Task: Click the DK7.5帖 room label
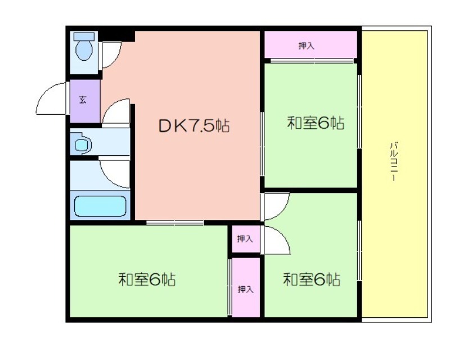point(194,126)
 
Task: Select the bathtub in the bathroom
point(100,206)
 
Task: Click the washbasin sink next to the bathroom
point(82,145)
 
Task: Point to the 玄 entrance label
point(83,100)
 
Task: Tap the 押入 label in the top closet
point(307,46)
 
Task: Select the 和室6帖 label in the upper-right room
point(316,123)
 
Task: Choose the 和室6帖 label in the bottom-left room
point(147,279)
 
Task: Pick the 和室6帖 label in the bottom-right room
point(312,279)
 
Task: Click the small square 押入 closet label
point(245,238)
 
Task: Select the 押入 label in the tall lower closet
point(246,289)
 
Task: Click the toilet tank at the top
point(84,36)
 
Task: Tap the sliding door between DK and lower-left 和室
point(175,223)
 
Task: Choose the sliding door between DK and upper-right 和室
point(262,143)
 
